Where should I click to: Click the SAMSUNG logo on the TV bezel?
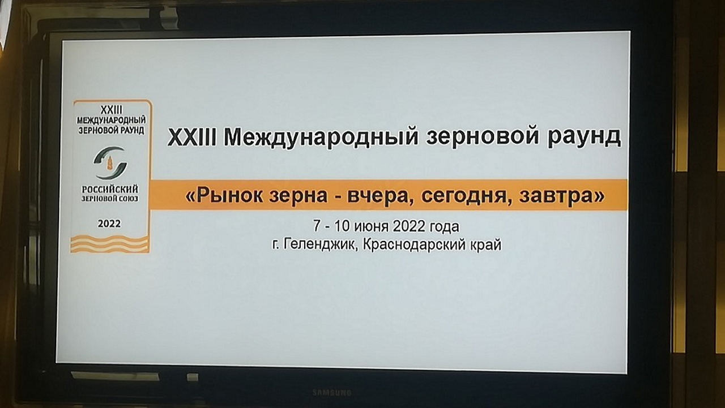pyautogui.click(x=332, y=393)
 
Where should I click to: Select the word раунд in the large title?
pyautogui.click(x=584, y=138)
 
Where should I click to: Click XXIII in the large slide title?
pyautogui.click(x=192, y=137)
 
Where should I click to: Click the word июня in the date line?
pyautogui.click(x=372, y=226)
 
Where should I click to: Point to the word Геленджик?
pyautogui.click(x=320, y=244)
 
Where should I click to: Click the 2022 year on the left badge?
pyautogui.click(x=109, y=224)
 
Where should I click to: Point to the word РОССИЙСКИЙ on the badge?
pyautogui.click(x=110, y=189)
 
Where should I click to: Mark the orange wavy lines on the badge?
pyautogui.click(x=110, y=244)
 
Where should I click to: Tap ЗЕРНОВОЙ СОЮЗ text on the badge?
pyautogui.click(x=110, y=198)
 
